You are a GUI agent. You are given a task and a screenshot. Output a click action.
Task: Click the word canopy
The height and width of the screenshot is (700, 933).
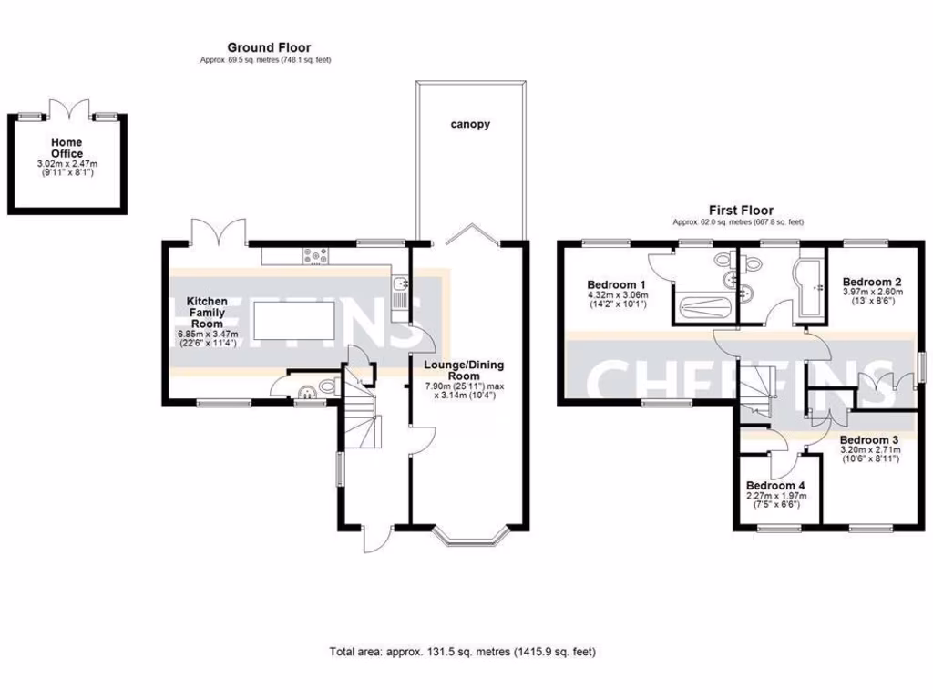(469, 124)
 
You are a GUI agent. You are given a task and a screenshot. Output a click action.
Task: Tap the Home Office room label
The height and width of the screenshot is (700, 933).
(67, 148)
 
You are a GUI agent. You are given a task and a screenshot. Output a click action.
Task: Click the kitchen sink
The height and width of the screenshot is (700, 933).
(398, 287)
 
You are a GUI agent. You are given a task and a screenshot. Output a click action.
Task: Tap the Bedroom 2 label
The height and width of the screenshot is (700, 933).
(872, 282)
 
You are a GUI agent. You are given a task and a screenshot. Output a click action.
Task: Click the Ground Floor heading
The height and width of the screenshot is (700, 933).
(269, 47)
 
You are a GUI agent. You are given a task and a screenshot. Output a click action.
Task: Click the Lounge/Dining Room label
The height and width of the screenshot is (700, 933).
(464, 370)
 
